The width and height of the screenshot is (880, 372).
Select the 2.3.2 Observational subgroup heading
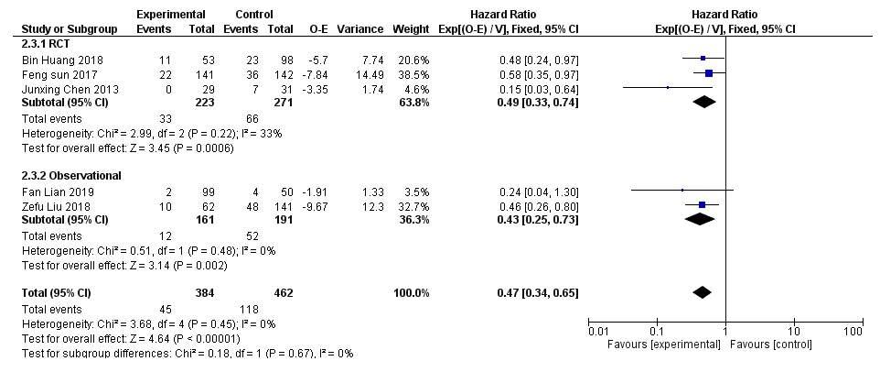tap(71, 175)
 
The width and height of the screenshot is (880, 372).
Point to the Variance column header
tap(360, 28)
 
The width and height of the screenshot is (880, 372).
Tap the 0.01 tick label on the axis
tap(598, 330)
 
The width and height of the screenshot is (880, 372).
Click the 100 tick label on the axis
tap(853, 330)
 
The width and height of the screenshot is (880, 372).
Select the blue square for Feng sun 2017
tap(709, 73)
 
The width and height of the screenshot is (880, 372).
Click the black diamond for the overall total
tap(702, 292)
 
